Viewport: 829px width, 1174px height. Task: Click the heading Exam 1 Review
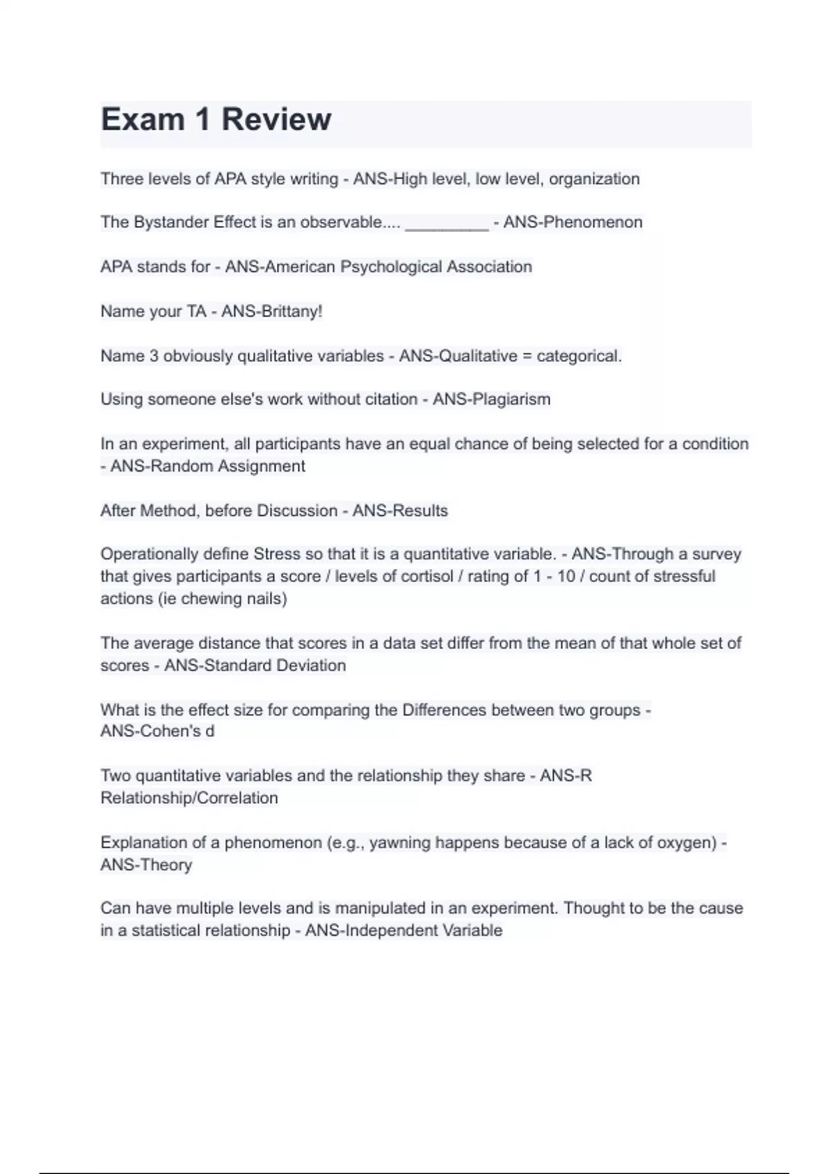(216, 119)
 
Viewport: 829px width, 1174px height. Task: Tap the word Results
(421, 510)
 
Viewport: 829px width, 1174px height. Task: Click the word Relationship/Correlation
(189, 798)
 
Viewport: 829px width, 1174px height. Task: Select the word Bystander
(171, 222)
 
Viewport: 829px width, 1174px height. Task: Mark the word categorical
(579, 356)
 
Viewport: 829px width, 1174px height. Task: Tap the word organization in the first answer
(594, 179)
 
